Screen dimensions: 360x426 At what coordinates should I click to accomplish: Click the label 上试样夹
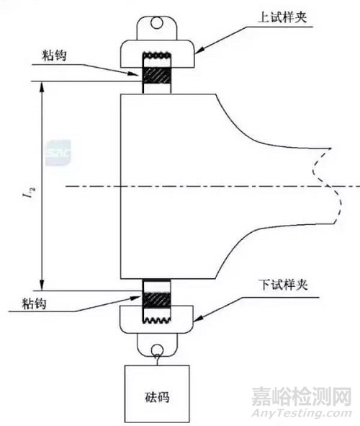coord(282,17)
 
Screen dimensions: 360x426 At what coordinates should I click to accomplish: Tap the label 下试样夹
coord(284,285)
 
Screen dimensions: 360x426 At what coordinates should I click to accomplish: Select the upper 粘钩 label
coord(54,56)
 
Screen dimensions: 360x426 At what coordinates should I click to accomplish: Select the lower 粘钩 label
coord(34,303)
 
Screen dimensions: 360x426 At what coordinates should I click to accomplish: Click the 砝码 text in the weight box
coord(157,397)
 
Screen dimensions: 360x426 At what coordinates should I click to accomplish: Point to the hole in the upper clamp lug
coord(157,23)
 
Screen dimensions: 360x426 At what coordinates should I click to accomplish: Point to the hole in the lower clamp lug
coord(158,350)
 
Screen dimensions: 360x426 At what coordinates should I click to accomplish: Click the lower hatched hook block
coord(157,301)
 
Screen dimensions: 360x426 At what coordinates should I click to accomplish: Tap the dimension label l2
coord(32,192)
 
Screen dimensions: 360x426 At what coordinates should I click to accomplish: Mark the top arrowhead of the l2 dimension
coord(42,86)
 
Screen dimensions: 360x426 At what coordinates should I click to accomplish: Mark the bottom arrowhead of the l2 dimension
coord(42,285)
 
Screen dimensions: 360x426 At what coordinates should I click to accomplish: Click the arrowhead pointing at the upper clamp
coord(199,50)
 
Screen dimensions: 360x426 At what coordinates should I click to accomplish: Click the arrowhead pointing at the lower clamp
coord(199,319)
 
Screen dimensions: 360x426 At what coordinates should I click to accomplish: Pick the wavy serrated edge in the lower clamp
coord(157,320)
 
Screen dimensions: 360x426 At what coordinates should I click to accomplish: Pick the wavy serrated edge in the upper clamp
coord(157,55)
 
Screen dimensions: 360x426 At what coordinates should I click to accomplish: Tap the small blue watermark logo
coord(58,153)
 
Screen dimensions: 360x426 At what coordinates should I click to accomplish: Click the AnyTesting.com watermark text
coord(301,414)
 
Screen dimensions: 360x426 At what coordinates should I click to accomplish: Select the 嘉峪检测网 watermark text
coord(301,396)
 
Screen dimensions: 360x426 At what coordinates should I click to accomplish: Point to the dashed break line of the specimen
coord(328,186)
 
